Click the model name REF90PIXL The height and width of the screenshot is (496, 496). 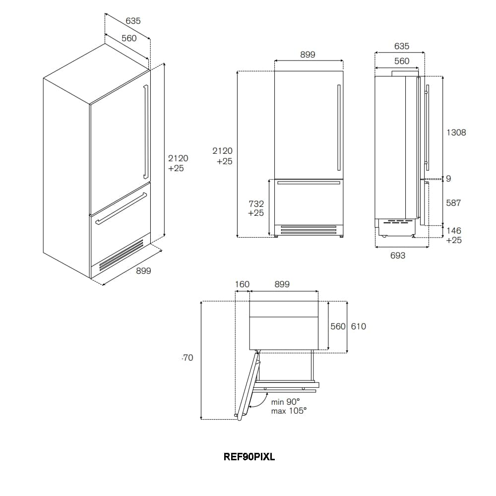(249, 457)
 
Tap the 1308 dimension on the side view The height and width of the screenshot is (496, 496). (456, 132)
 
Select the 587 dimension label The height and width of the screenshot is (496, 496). (453, 203)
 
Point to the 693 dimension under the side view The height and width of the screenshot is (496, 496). (398, 255)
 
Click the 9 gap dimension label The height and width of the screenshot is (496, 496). (448, 179)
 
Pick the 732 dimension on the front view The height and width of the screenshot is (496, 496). (256, 204)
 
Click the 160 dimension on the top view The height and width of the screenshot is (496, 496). (242, 284)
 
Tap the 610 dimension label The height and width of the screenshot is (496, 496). (359, 326)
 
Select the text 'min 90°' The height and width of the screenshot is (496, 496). (285, 402)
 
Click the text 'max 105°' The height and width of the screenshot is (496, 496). (289, 411)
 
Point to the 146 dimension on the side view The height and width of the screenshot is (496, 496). (454, 231)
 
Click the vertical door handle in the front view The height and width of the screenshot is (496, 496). (339, 127)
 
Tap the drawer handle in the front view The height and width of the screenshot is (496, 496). (308, 183)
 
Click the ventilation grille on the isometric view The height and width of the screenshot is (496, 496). (121, 254)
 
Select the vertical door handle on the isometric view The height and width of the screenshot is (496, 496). (146, 132)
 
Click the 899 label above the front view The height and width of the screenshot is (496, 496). (308, 55)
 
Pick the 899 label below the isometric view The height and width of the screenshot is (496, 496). (143, 271)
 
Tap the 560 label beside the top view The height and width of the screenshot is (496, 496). (338, 326)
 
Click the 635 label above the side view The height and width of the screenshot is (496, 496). (402, 46)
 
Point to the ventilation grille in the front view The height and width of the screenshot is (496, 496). (309, 230)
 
